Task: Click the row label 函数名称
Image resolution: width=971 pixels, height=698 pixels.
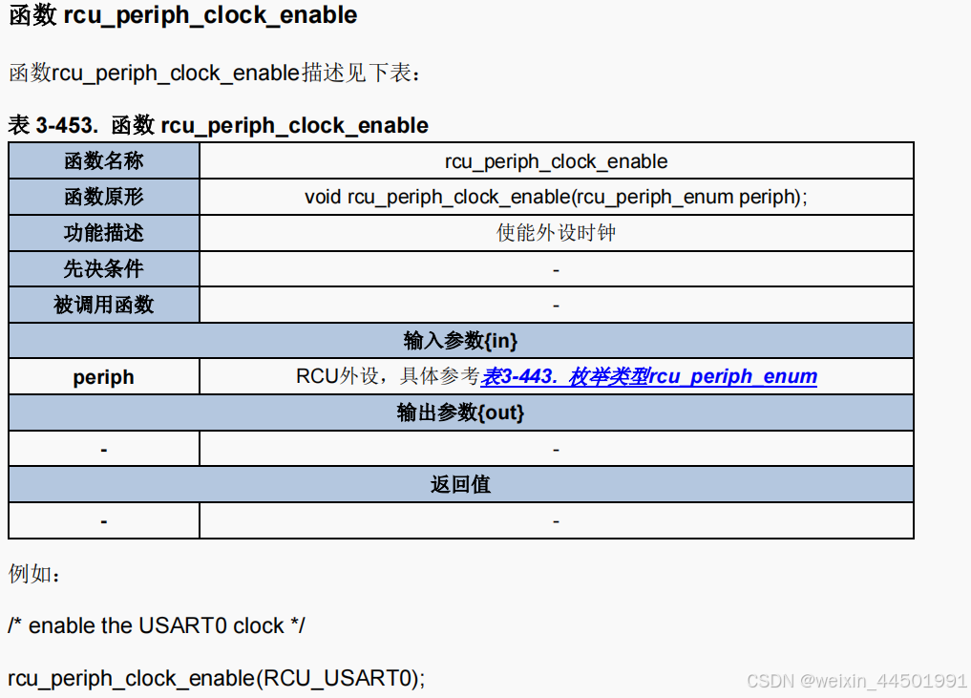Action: pos(103,161)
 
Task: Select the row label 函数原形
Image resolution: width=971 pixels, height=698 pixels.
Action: pos(103,198)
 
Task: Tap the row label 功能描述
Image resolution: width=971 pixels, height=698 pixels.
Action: pos(103,233)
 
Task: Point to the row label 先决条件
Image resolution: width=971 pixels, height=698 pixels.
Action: pos(103,269)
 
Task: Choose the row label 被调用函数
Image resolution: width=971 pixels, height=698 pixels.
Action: pos(103,306)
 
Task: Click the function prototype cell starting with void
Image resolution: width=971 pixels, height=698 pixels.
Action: pos(556,198)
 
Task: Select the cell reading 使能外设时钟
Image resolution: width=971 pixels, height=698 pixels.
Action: pos(556,233)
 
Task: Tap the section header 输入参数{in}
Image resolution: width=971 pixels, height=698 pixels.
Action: pos(460,341)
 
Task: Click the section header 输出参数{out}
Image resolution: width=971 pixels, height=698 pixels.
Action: pos(460,413)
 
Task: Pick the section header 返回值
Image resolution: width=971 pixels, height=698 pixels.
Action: pos(460,485)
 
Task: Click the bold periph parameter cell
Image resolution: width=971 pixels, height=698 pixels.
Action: pos(103,377)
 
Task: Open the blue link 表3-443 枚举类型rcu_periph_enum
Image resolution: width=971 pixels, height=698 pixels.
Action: pos(649,376)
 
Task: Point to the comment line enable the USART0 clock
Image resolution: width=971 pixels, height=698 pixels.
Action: pos(157,626)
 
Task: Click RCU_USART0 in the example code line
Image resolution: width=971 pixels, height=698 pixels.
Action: pos(340,679)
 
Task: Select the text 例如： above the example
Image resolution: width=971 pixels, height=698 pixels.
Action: pos(34,575)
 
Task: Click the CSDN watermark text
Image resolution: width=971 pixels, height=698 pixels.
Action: pos(856,681)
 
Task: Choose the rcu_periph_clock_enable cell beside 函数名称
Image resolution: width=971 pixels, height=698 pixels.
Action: pos(556,161)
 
